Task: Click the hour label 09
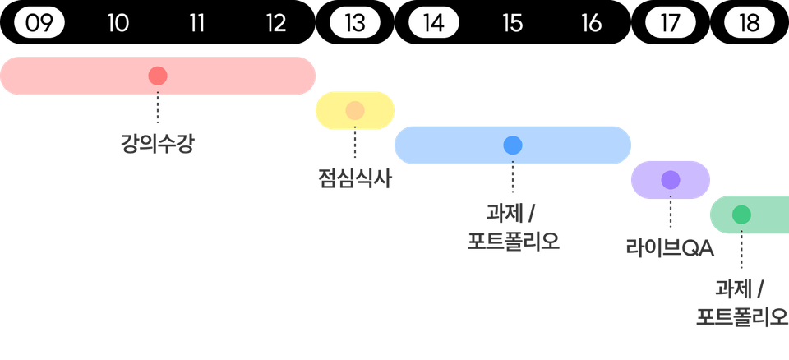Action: (39, 23)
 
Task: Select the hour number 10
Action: (118, 23)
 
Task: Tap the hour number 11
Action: (197, 23)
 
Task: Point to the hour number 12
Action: (276, 23)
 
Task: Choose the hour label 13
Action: (355, 23)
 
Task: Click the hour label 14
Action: (434, 23)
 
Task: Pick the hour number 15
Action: (513, 23)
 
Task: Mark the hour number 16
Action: (592, 23)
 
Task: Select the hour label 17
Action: (671, 23)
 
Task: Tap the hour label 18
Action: (750, 23)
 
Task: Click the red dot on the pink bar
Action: (158, 76)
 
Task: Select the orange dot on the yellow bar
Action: (355, 111)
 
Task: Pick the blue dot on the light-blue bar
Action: (513, 145)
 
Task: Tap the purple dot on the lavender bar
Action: (671, 180)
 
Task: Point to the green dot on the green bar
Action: (741, 215)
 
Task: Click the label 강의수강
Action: (158, 145)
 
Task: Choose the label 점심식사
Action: (355, 179)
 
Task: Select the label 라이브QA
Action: (671, 247)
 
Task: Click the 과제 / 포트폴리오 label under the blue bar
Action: (513, 228)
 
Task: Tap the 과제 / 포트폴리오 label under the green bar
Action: (741, 302)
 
